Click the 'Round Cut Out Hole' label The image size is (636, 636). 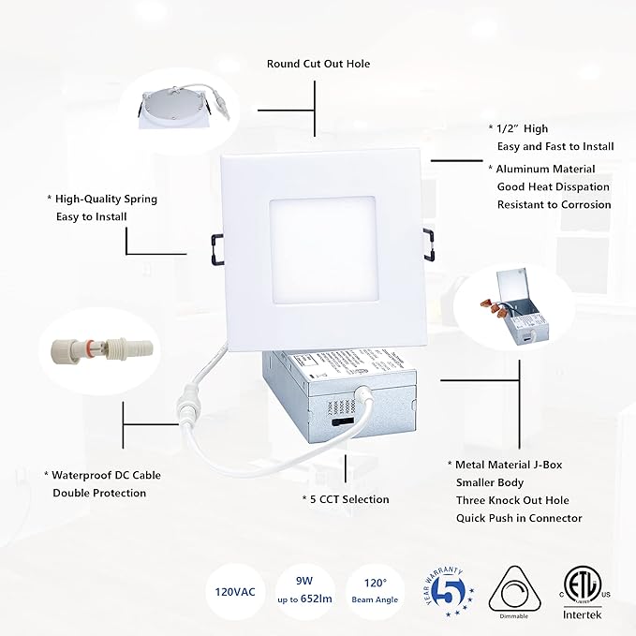(x=318, y=64)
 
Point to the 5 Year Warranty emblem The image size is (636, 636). (x=447, y=592)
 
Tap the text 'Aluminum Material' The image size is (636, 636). (x=546, y=169)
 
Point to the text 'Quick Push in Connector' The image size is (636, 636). (x=519, y=518)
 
